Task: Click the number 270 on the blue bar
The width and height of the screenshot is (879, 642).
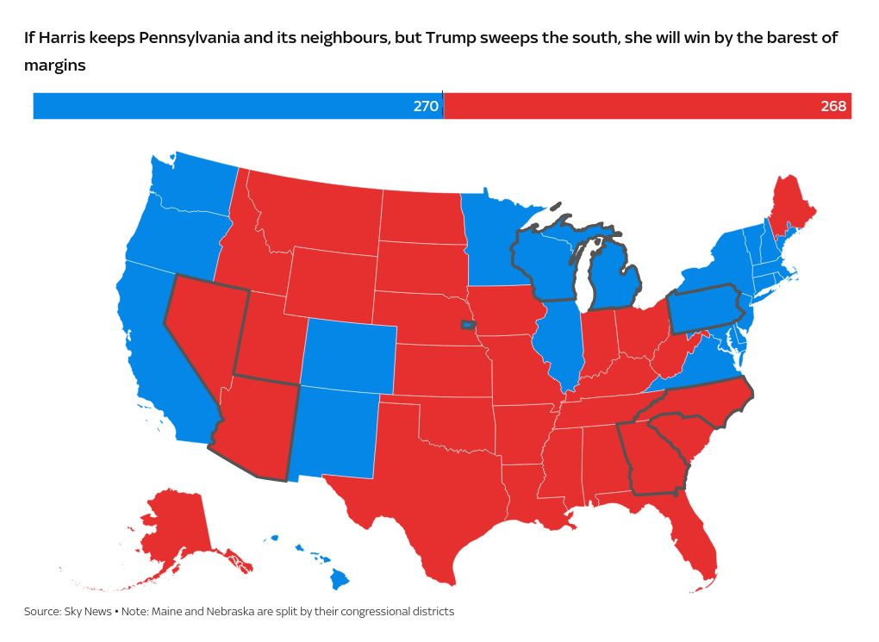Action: click(x=427, y=106)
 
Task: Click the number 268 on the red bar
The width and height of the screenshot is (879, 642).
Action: click(x=833, y=106)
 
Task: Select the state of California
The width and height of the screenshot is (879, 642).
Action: click(x=159, y=362)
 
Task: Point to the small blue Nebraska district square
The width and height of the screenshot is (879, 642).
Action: click(x=466, y=326)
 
